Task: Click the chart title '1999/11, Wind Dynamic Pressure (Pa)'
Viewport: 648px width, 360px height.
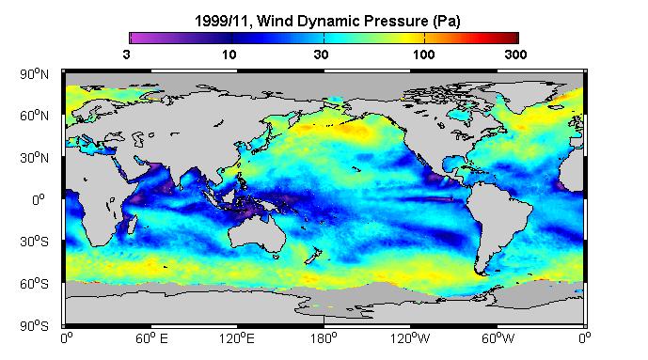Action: point(327,21)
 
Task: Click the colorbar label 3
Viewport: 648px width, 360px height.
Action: point(126,55)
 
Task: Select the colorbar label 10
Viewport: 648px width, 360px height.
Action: point(229,55)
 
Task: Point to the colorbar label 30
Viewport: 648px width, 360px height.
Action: point(321,55)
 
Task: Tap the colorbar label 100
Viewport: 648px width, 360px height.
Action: point(423,55)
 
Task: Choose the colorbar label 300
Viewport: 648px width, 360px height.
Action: point(515,55)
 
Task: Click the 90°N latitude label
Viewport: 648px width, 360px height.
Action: point(34,74)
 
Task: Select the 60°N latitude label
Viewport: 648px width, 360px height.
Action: point(34,116)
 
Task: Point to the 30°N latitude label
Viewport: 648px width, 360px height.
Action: point(34,158)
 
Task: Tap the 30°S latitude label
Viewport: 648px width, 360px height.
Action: point(34,242)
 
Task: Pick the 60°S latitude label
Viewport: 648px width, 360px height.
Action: point(34,284)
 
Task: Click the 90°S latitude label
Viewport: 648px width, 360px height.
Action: point(34,326)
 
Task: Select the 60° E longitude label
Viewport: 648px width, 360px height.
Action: point(151,338)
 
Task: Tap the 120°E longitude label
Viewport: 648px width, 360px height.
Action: point(237,338)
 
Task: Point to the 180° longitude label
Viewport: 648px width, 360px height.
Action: point(324,338)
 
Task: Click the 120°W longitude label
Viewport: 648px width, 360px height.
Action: point(410,338)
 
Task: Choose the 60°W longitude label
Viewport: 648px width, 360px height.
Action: point(498,338)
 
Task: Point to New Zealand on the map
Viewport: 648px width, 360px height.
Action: point(313,256)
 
